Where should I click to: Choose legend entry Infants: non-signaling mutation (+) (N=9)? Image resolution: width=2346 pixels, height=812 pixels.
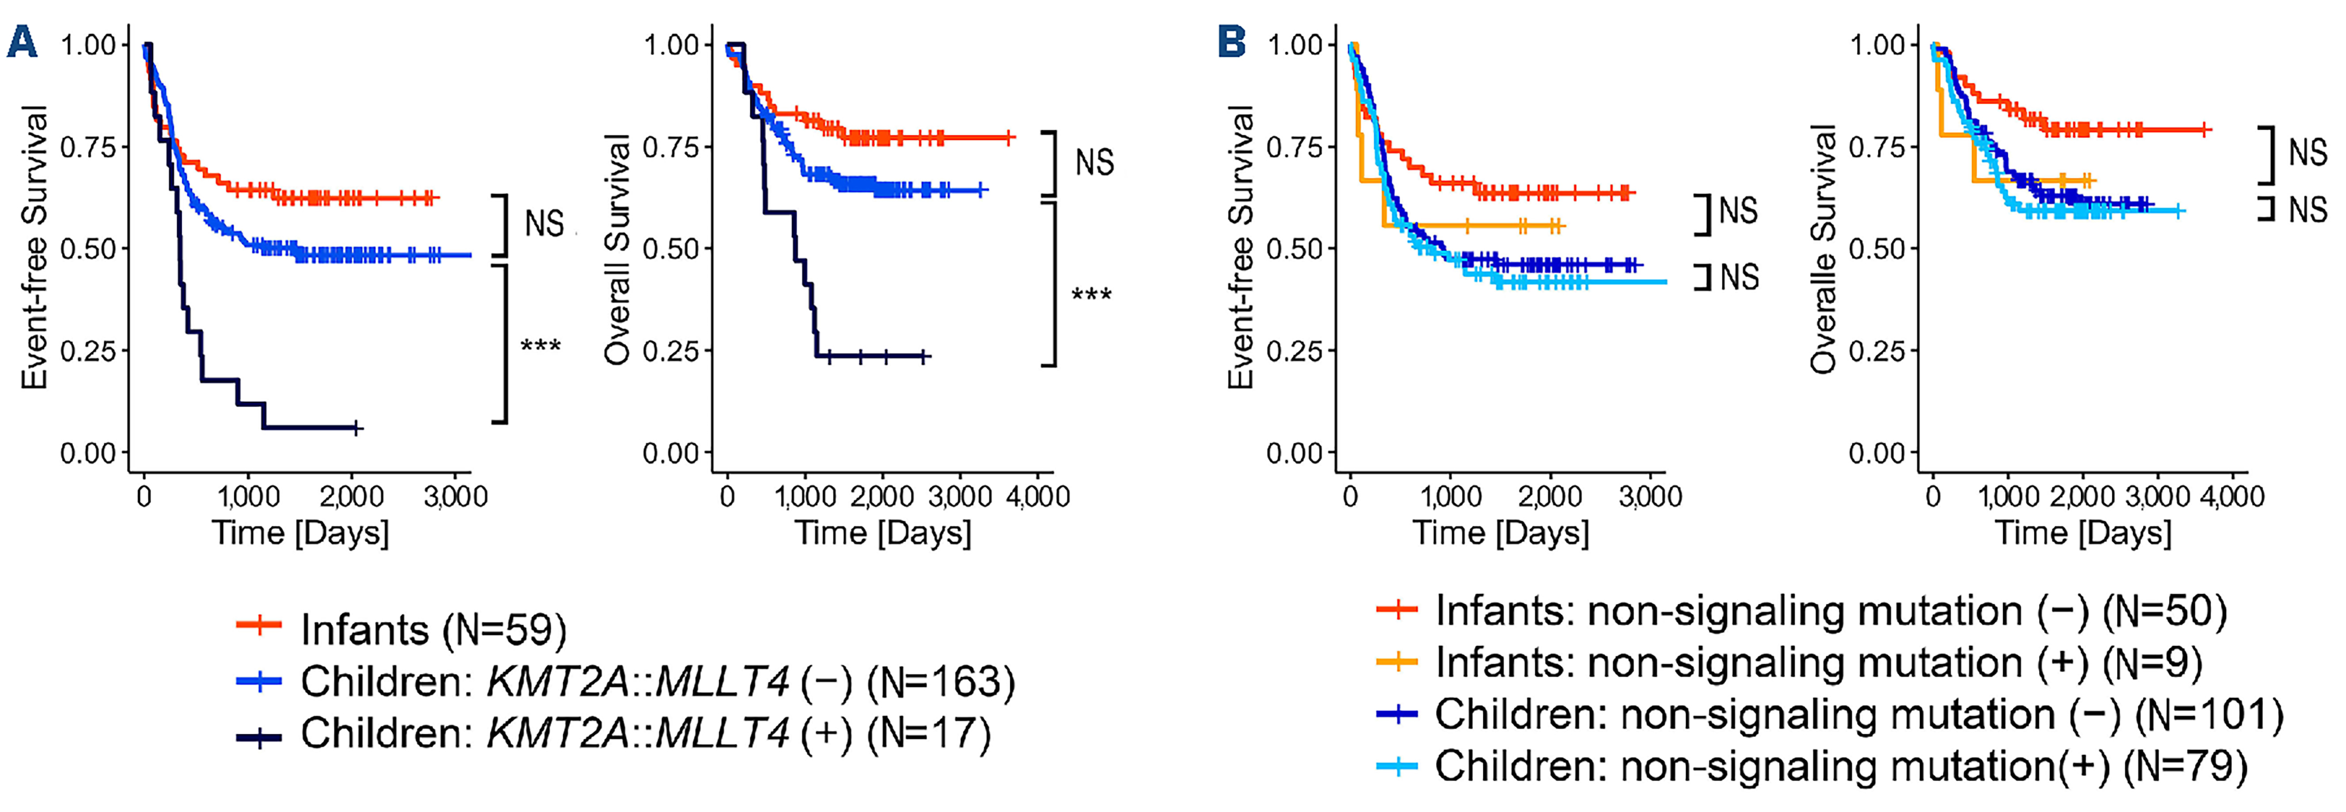(1818, 662)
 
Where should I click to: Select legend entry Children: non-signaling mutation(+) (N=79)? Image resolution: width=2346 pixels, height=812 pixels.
(1840, 766)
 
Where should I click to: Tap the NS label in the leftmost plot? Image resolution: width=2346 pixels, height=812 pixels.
(545, 223)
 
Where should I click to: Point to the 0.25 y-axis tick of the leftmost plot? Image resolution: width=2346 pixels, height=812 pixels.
(88, 351)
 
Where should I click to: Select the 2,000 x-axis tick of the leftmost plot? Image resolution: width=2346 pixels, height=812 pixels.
(352, 496)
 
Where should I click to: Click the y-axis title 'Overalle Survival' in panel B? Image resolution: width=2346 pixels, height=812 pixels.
(1824, 248)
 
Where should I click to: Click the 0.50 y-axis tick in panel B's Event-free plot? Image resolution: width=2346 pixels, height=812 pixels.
(1294, 248)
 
